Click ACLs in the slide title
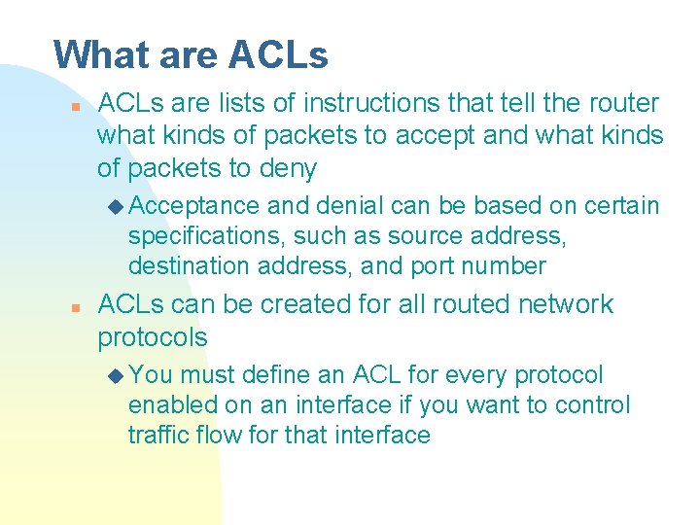tap(278, 54)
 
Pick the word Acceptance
tap(193, 206)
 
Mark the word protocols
tap(153, 337)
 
